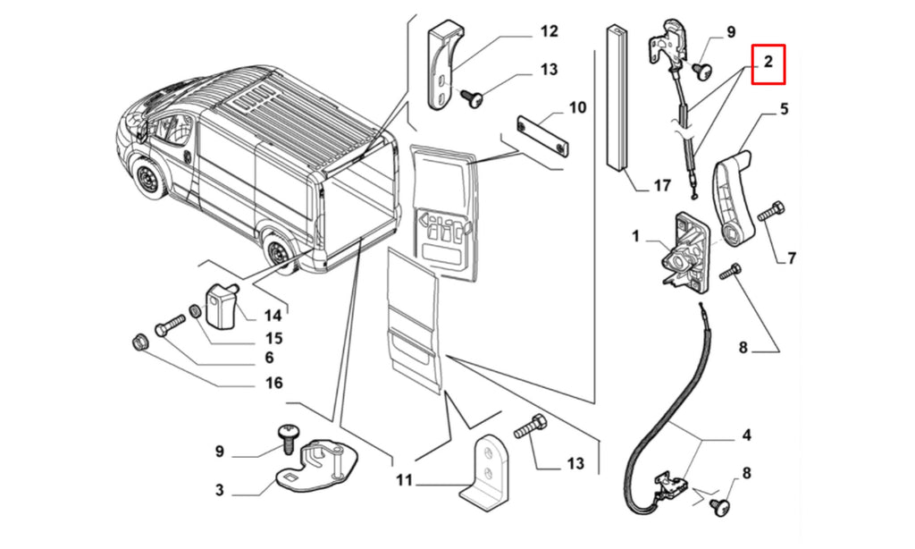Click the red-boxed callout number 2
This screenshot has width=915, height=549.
coord(768,62)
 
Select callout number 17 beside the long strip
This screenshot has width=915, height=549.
coord(662,185)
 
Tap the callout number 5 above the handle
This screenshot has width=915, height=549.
coord(784,108)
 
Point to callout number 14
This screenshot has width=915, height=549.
coord(273,316)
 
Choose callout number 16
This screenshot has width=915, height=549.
coord(273,383)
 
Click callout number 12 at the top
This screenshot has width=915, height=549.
coord(550,31)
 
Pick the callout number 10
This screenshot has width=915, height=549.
coord(577,107)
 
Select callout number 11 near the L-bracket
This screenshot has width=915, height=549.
coord(404,480)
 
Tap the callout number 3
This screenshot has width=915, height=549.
coord(220,489)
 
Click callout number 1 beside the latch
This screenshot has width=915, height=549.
coord(635,236)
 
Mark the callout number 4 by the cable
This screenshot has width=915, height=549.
coord(746,435)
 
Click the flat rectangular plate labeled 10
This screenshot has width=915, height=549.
coord(541,137)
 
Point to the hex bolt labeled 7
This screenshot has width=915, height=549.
coord(771,211)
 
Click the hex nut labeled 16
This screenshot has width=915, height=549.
coord(139,342)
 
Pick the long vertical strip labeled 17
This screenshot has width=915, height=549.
coord(617,97)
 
